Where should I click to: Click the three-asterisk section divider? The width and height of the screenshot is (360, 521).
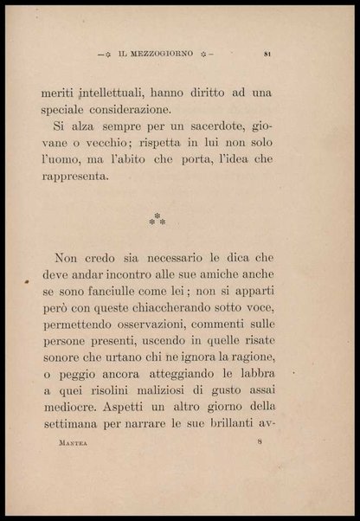(x=157, y=219)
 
